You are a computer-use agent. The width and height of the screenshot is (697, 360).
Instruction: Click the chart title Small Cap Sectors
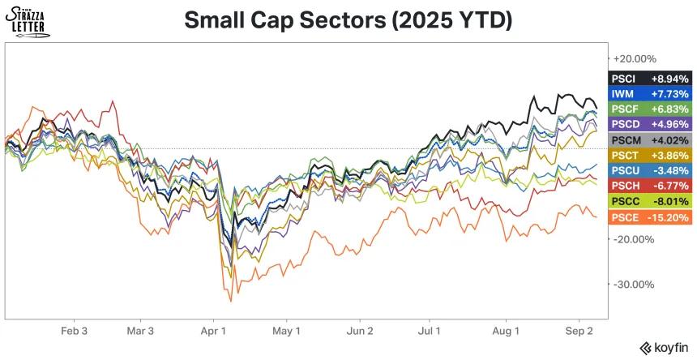pos(348,20)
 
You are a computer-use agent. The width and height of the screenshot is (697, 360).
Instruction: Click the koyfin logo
pos(665,347)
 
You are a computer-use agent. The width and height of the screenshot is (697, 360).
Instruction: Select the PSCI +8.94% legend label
pos(650,79)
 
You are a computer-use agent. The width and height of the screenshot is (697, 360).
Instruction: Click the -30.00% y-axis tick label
pos(634,285)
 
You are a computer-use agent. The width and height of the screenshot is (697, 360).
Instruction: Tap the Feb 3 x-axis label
pos(74,332)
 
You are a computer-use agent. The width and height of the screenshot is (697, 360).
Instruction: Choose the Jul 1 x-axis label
pos(429,332)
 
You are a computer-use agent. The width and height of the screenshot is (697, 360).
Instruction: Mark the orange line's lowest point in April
pos(231,302)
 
